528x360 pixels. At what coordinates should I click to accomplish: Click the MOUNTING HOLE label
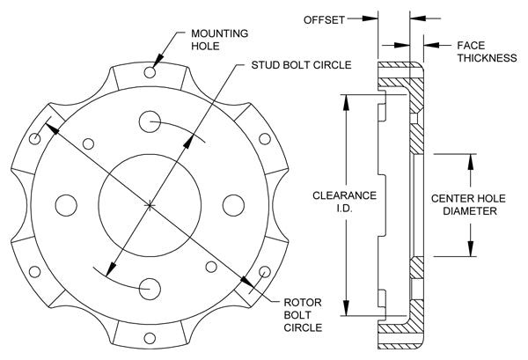pos(219,40)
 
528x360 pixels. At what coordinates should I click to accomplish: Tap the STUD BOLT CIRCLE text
pos(301,65)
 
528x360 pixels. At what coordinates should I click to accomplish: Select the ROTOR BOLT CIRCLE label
pos(303,315)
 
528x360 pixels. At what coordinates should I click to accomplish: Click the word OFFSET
pos(324,20)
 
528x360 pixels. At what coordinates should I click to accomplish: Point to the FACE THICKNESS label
pos(487,52)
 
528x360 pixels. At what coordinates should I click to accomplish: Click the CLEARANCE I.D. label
pos(344,202)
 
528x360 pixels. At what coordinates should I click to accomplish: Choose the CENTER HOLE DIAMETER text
pos(468,205)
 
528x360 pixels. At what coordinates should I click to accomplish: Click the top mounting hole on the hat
pos(150,72)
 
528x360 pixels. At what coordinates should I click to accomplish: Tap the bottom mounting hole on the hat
pos(150,338)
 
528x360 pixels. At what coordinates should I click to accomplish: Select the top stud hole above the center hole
pos(150,121)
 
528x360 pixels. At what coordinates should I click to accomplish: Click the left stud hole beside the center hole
pos(66,205)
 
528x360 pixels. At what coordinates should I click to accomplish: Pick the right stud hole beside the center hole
pos(233,205)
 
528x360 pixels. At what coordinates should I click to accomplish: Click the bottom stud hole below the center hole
pos(150,289)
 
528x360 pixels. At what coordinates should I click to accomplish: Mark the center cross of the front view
pos(150,205)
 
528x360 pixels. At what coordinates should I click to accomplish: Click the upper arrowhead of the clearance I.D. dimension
pos(346,102)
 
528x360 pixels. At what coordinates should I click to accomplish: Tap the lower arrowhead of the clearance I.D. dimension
pos(346,308)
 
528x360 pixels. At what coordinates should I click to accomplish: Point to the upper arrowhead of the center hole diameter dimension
pos(471,162)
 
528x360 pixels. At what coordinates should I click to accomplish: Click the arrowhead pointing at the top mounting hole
pos(158,62)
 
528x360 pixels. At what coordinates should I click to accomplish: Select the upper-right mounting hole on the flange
pos(265,139)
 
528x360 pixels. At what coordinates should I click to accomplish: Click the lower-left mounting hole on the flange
pos(34,272)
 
